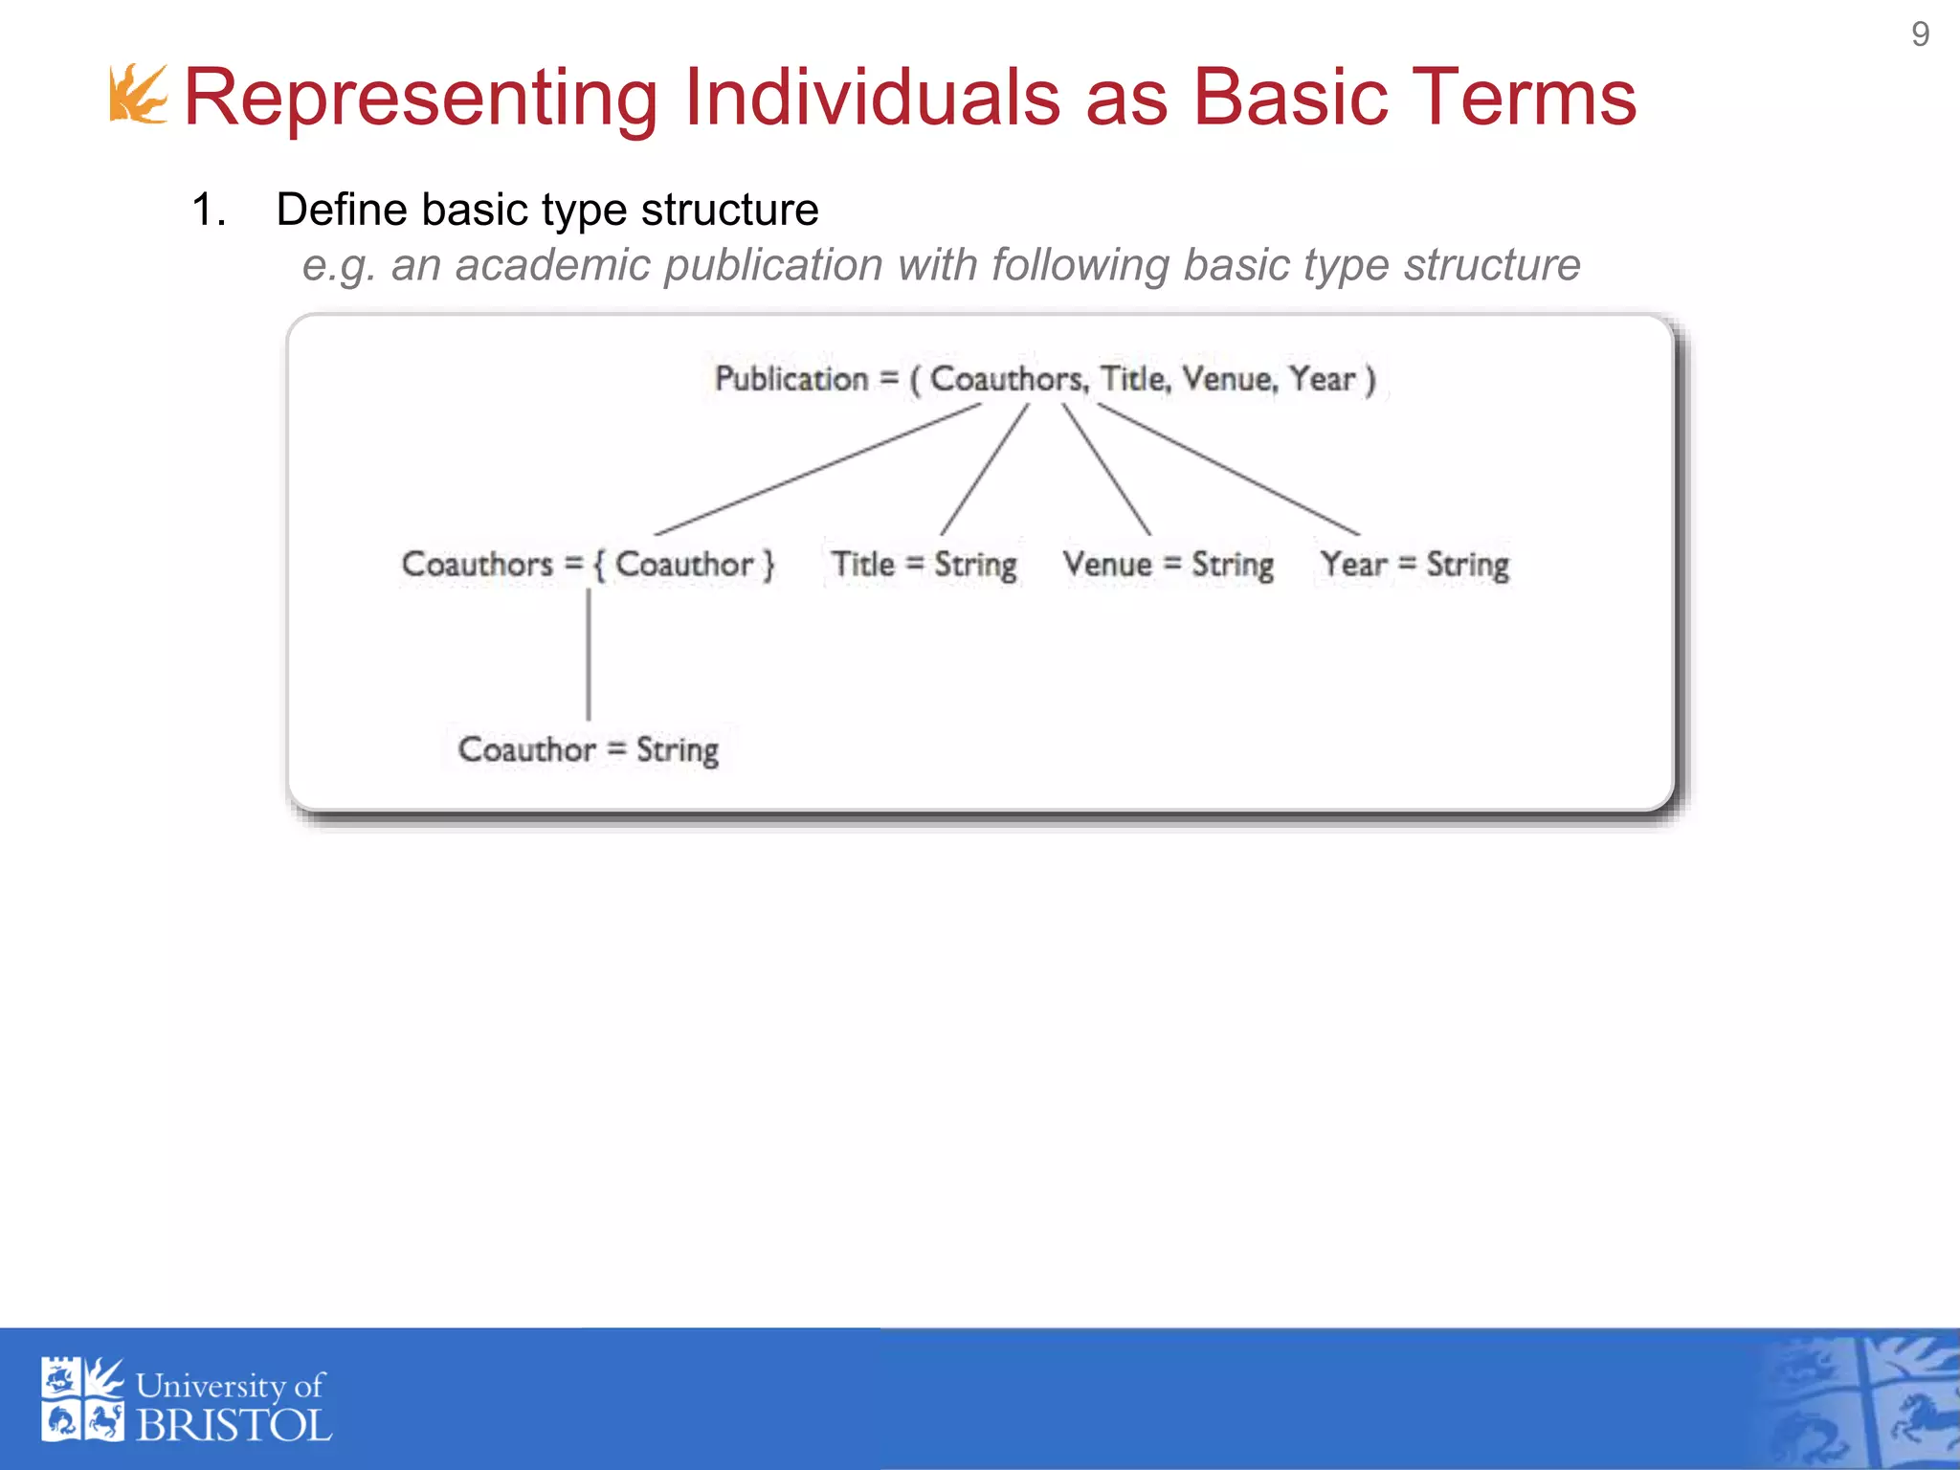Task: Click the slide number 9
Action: pyautogui.click(x=1919, y=34)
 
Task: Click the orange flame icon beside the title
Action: pyautogui.click(x=138, y=94)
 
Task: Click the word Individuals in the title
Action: pyautogui.click(x=871, y=98)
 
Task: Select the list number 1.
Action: pyautogui.click(x=208, y=210)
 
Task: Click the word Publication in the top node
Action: pyautogui.click(x=791, y=379)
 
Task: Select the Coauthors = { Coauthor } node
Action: pyautogui.click(x=588, y=564)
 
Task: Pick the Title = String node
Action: pyautogui.click(x=923, y=564)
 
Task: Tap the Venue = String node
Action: pyautogui.click(x=1168, y=564)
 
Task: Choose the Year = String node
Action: pyautogui.click(x=1414, y=564)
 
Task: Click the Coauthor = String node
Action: pyautogui.click(x=588, y=749)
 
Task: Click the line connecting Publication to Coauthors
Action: pyautogui.click(x=818, y=469)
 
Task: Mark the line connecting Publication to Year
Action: pyautogui.click(x=1228, y=469)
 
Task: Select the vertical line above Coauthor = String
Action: pyautogui.click(x=589, y=655)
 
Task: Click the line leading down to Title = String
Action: pyautogui.click(x=985, y=469)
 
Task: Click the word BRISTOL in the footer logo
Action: pyautogui.click(x=234, y=1426)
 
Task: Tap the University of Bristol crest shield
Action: pyautogui.click(x=82, y=1398)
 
